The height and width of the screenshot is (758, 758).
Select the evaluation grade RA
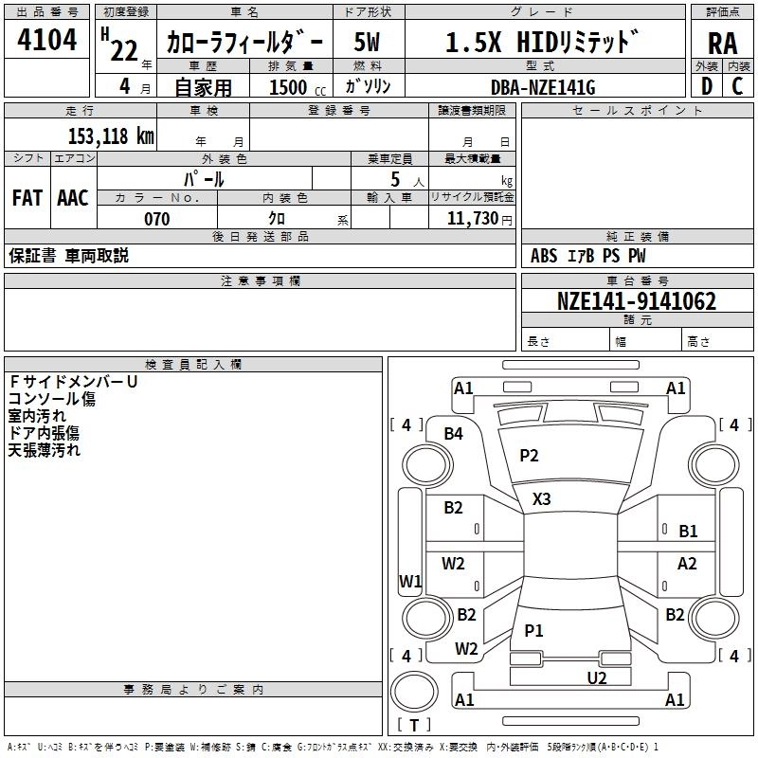tap(723, 44)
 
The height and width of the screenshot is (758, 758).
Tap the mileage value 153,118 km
tap(111, 135)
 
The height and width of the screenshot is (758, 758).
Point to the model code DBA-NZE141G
tap(543, 86)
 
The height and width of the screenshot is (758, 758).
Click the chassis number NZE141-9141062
tap(636, 301)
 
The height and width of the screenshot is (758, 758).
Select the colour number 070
tap(157, 219)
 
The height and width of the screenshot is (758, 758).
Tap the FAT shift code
tap(27, 198)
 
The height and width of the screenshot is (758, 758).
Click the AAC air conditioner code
tap(73, 198)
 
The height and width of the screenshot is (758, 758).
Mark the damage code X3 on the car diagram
tap(542, 498)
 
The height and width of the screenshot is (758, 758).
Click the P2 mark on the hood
tap(529, 456)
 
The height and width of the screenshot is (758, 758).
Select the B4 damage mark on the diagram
tap(454, 434)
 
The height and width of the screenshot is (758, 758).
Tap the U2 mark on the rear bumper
tap(597, 677)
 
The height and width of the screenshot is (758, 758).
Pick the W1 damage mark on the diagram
tap(409, 581)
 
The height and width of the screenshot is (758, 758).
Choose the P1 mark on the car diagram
tap(534, 630)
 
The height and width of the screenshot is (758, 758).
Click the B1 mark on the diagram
tap(688, 532)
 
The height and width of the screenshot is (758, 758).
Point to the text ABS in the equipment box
tap(544, 256)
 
